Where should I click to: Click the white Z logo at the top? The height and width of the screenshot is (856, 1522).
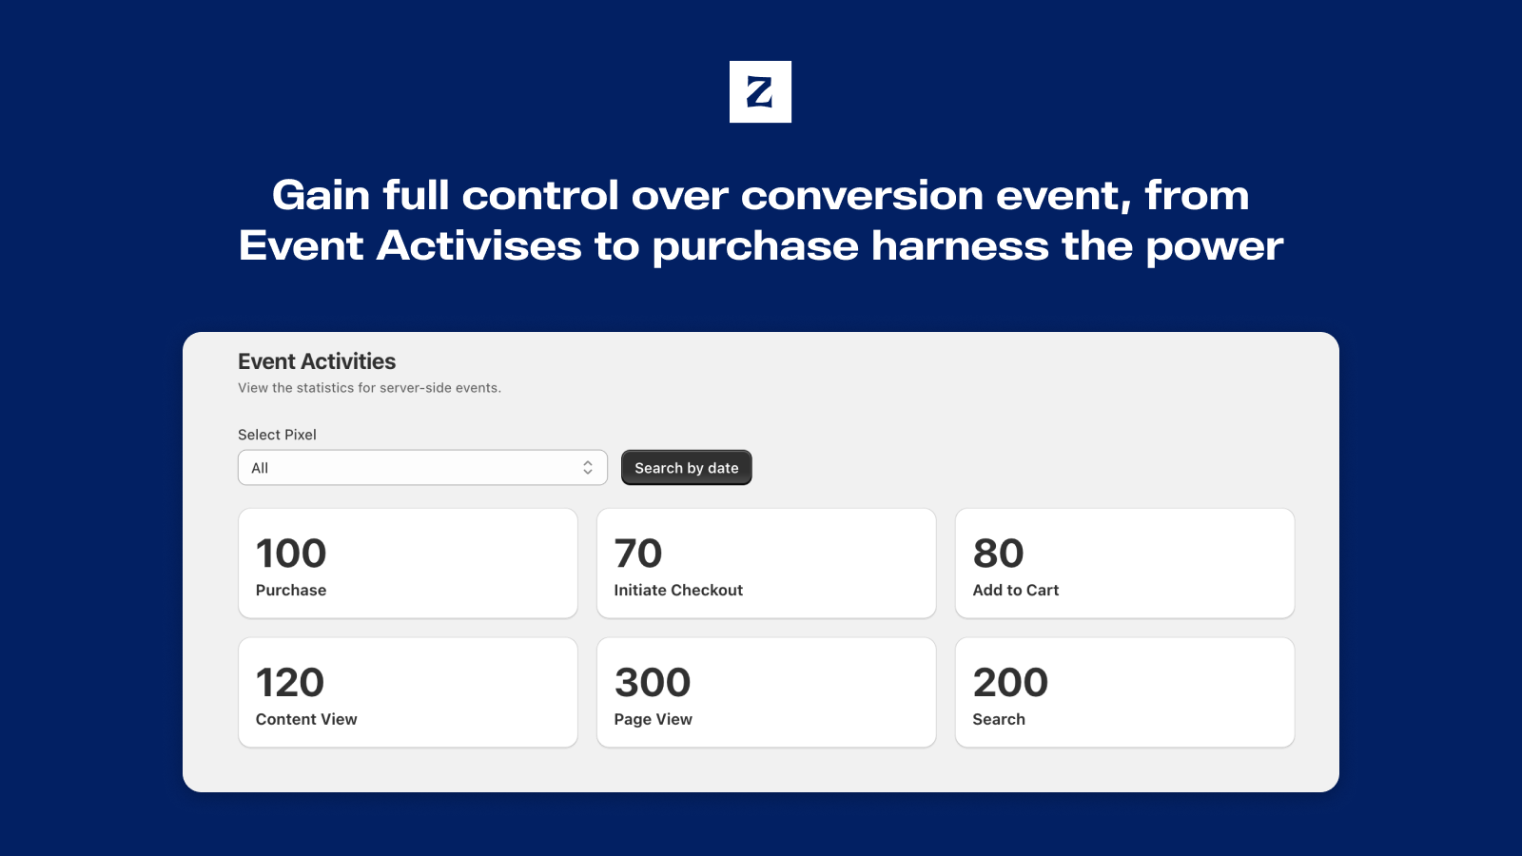[x=760, y=91]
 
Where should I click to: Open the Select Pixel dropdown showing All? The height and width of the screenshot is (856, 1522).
[x=422, y=467]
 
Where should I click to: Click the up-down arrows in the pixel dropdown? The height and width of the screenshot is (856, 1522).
[x=588, y=467]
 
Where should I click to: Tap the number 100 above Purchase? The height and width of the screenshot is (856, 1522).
[x=291, y=553]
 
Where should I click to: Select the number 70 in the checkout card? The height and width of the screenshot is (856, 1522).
[x=638, y=553]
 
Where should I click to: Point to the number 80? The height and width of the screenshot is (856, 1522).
[x=998, y=553]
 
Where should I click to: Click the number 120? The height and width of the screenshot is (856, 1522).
[x=290, y=682]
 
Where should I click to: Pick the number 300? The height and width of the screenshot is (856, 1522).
[x=653, y=682]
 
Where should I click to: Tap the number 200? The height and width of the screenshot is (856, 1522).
[x=1010, y=682]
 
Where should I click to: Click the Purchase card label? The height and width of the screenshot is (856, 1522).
[x=291, y=590]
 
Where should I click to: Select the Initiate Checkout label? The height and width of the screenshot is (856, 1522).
[x=678, y=590]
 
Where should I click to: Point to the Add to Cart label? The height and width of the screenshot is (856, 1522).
[x=1016, y=590]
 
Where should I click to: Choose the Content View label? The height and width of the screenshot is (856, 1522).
[x=306, y=719]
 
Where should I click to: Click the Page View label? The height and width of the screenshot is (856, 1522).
[x=653, y=719]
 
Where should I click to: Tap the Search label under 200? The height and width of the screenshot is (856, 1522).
[x=999, y=719]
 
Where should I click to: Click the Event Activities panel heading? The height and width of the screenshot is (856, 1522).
[x=317, y=361]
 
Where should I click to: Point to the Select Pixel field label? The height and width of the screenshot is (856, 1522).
[x=277, y=435]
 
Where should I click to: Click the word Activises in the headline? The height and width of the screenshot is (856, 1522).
[x=479, y=245]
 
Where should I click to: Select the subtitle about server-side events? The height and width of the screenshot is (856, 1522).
[x=370, y=388]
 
